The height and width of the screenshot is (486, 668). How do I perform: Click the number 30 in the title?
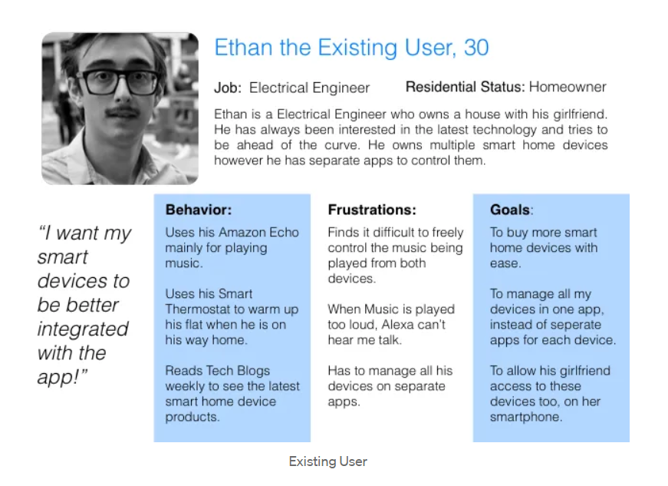(475, 48)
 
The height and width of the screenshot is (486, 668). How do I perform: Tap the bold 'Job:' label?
(228, 88)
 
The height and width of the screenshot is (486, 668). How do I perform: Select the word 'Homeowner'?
(568, 87)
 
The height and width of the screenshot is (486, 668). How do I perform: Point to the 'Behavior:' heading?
(199, 210)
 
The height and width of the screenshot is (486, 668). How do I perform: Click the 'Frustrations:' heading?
(372, 210)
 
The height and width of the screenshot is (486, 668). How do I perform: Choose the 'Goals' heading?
(510, 210)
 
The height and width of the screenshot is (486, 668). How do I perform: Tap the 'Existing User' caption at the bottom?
(328, 461)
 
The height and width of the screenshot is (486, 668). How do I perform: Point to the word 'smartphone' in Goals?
(525, 417)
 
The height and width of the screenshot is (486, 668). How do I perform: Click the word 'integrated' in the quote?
(83, 329)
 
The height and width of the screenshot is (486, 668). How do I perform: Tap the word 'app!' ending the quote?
(62, 377)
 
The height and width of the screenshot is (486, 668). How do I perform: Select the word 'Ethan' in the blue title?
(243, 48)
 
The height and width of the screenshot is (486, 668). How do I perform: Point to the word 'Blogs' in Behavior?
(254, 371)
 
